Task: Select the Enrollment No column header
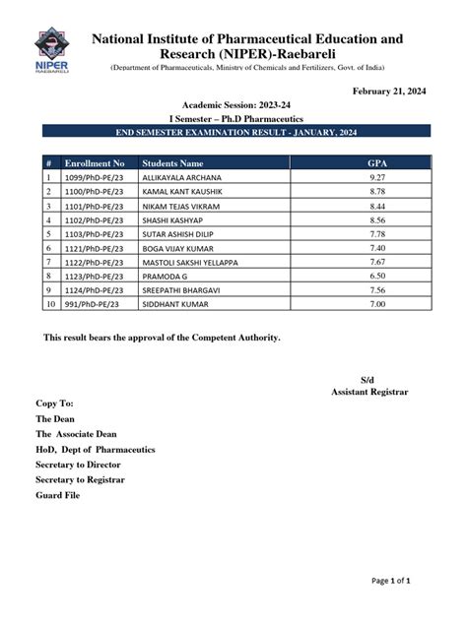(x=94, y=162)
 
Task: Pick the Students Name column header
(x=172, y=162)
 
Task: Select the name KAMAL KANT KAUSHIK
(x=182, y=191)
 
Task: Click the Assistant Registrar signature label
(x=368, y=392)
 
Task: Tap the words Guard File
(x=58, y=494)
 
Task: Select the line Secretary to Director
(x=82, y=464)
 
